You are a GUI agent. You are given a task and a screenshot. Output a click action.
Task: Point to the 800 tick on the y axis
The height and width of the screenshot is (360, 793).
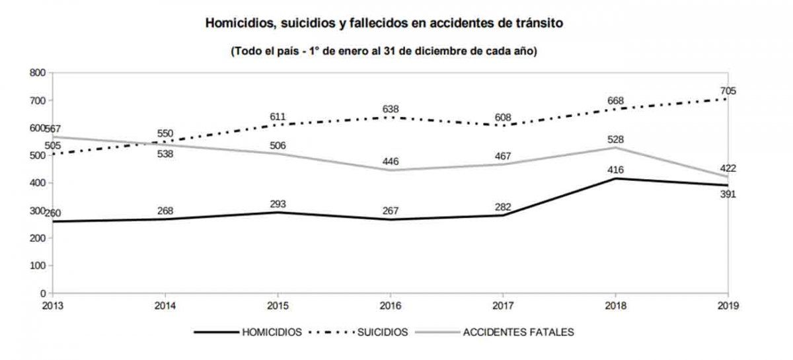pos(37,73)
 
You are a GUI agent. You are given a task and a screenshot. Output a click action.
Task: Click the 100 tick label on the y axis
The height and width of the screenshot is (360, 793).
pos(37,266)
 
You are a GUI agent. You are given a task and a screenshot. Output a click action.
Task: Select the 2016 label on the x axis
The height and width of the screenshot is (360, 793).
pos(391,305)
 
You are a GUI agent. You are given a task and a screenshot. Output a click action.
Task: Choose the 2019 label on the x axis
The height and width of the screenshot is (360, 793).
pos(728,305)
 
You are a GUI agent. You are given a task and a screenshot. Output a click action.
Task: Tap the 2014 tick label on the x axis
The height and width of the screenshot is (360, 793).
pos(165,305)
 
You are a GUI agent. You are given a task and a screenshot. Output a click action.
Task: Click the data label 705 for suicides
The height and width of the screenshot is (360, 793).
pos(728,91)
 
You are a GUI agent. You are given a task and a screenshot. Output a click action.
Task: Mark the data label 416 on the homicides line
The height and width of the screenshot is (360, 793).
pos(616,170)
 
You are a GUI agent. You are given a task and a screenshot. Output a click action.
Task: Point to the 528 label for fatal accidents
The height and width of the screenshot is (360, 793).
pos(616,139)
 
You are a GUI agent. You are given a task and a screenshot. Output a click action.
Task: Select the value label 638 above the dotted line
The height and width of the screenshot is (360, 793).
pos(391,109)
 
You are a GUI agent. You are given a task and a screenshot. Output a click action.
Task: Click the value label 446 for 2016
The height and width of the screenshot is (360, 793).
pos(391,162)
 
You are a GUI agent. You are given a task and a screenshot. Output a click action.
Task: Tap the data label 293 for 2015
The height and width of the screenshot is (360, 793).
pos(278,203)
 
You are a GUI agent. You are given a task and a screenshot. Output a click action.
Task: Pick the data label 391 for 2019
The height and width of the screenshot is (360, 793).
pos(728,194)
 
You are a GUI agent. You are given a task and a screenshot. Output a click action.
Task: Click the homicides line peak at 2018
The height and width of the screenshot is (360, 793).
pos(616,178)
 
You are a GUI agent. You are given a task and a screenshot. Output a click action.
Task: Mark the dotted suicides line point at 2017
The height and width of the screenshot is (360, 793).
pos(503,126)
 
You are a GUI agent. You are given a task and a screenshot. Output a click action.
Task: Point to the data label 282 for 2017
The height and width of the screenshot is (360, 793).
pos(503,207)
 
